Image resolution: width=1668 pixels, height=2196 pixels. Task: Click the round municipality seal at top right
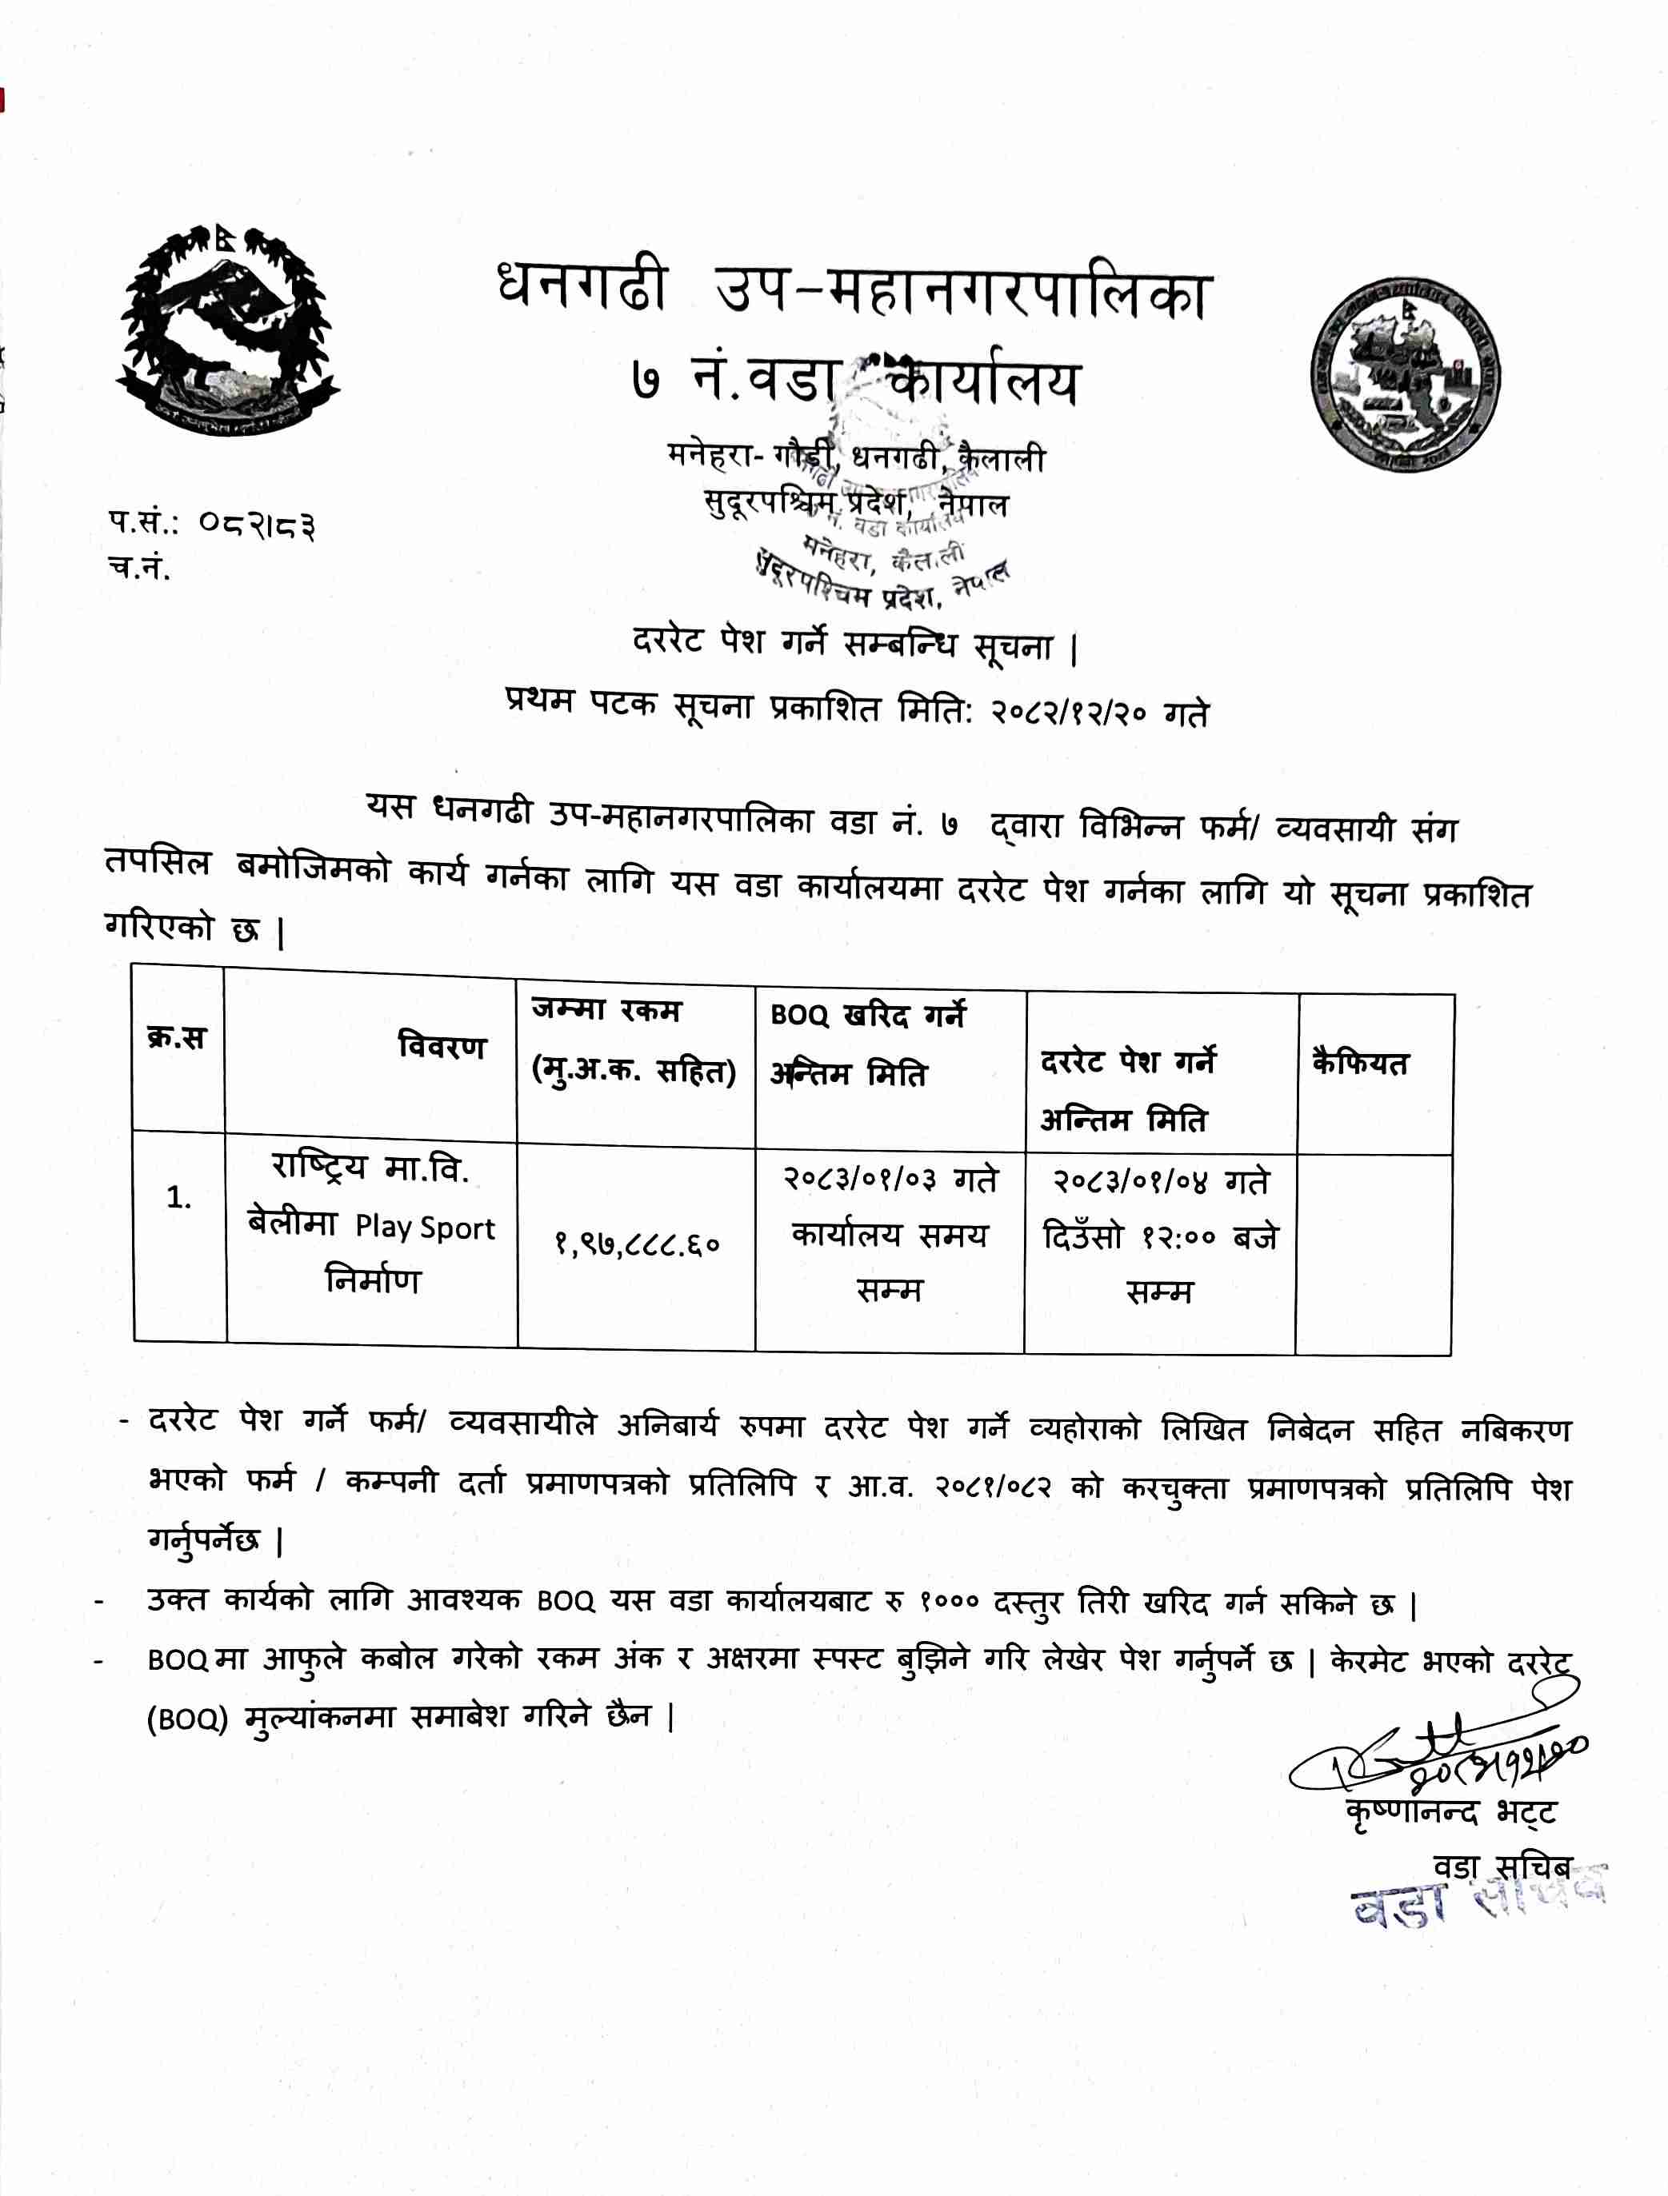1404,374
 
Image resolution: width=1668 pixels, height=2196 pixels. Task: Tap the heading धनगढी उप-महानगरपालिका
854,292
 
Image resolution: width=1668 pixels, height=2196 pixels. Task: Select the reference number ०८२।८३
257,523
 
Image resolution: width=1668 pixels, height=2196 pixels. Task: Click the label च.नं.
140,568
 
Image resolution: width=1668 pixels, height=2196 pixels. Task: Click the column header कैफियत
1359,1062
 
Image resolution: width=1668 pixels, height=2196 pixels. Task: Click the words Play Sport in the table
425,1228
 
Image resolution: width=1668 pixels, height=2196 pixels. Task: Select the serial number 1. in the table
178,1198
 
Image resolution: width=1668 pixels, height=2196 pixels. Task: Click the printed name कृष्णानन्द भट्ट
1450,1839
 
